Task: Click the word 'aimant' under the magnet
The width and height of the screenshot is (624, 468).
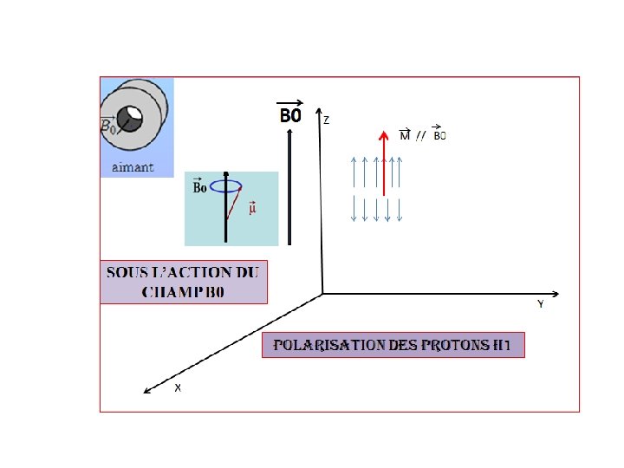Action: click(x=133, y=166)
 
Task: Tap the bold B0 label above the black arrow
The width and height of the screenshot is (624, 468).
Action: click(x=290, y=115)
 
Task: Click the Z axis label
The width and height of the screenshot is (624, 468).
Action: click(x=326, y=120)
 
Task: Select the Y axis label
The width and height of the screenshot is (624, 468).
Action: click(x=540, y=304)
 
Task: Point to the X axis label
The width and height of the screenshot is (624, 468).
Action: click(x=178, y=387)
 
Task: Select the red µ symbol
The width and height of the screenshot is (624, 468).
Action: click(x=252, y=209)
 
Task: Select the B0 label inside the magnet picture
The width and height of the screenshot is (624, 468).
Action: click(x=108, y=127)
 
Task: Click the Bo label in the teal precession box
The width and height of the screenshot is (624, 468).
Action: click(x=199, y=187)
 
